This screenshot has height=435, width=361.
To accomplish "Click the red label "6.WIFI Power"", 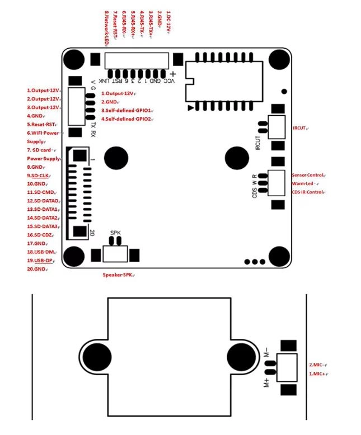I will pos(43,133).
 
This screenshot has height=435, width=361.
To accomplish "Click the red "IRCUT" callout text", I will pos(300,128).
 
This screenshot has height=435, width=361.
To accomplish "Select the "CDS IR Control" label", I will pos(308,192).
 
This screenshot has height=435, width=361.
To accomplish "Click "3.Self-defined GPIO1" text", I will pos(127,111).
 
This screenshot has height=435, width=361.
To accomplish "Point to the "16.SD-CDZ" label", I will pos(40,235).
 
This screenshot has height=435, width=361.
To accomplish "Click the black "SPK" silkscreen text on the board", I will pos(115,232).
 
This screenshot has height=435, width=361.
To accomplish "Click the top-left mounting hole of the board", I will pos(74,60).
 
